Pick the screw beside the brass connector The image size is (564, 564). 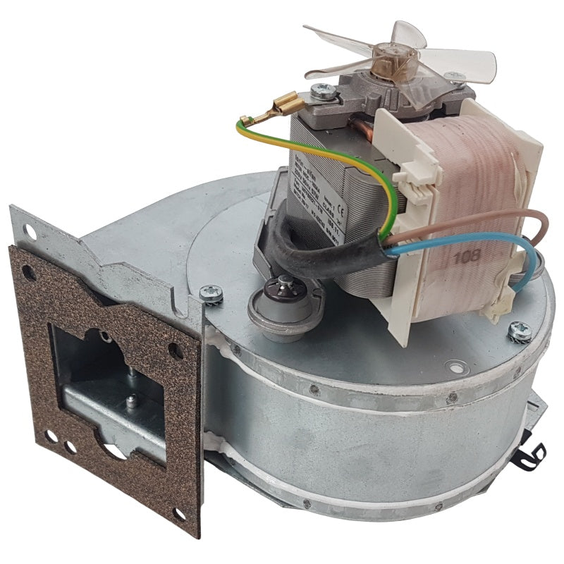325,90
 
